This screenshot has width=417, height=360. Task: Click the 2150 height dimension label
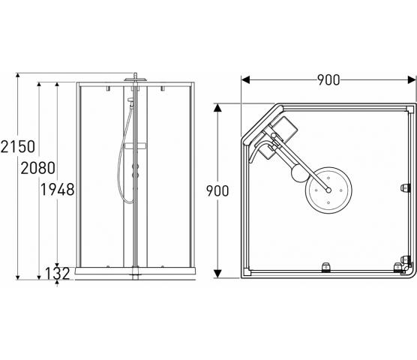18,146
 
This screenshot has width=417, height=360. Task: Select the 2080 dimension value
38,168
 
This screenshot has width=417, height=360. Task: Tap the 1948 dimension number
57,190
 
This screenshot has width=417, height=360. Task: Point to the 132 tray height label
58,273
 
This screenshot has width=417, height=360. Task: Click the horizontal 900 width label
328,79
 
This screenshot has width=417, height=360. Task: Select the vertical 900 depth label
217,191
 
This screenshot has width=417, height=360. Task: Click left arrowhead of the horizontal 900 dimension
245,79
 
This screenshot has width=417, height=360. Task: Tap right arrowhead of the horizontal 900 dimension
412,79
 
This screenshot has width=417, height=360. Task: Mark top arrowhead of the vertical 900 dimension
217,108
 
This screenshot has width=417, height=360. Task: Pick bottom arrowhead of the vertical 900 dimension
217,274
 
